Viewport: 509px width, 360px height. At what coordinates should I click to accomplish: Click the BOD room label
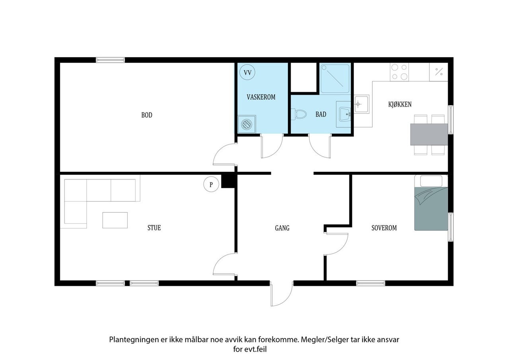147,115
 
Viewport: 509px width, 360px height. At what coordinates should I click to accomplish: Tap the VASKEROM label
261,97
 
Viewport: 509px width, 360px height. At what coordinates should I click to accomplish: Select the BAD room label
321,114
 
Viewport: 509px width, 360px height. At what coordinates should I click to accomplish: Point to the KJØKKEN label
400,104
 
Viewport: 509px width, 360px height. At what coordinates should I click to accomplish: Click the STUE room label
154,228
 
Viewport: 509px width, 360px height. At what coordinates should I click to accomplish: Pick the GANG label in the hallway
282,228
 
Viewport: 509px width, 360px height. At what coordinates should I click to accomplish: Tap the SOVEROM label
384,228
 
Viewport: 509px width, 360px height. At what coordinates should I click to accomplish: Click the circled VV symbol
247,72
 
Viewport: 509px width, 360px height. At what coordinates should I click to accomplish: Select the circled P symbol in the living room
211,184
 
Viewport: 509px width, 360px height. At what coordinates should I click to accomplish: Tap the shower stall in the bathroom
335,79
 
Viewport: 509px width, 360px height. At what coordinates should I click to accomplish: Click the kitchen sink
361,104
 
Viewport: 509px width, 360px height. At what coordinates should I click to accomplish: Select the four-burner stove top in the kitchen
400,72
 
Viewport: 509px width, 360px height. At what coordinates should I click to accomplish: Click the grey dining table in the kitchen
429,134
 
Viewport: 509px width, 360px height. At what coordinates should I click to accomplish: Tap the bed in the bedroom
431,203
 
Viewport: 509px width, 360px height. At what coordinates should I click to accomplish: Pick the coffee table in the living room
115,220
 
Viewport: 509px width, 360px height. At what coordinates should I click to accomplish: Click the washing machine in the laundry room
247,125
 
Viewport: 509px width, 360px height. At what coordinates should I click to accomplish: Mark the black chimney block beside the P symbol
228,181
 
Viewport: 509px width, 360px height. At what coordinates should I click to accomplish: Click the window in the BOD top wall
111,60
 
